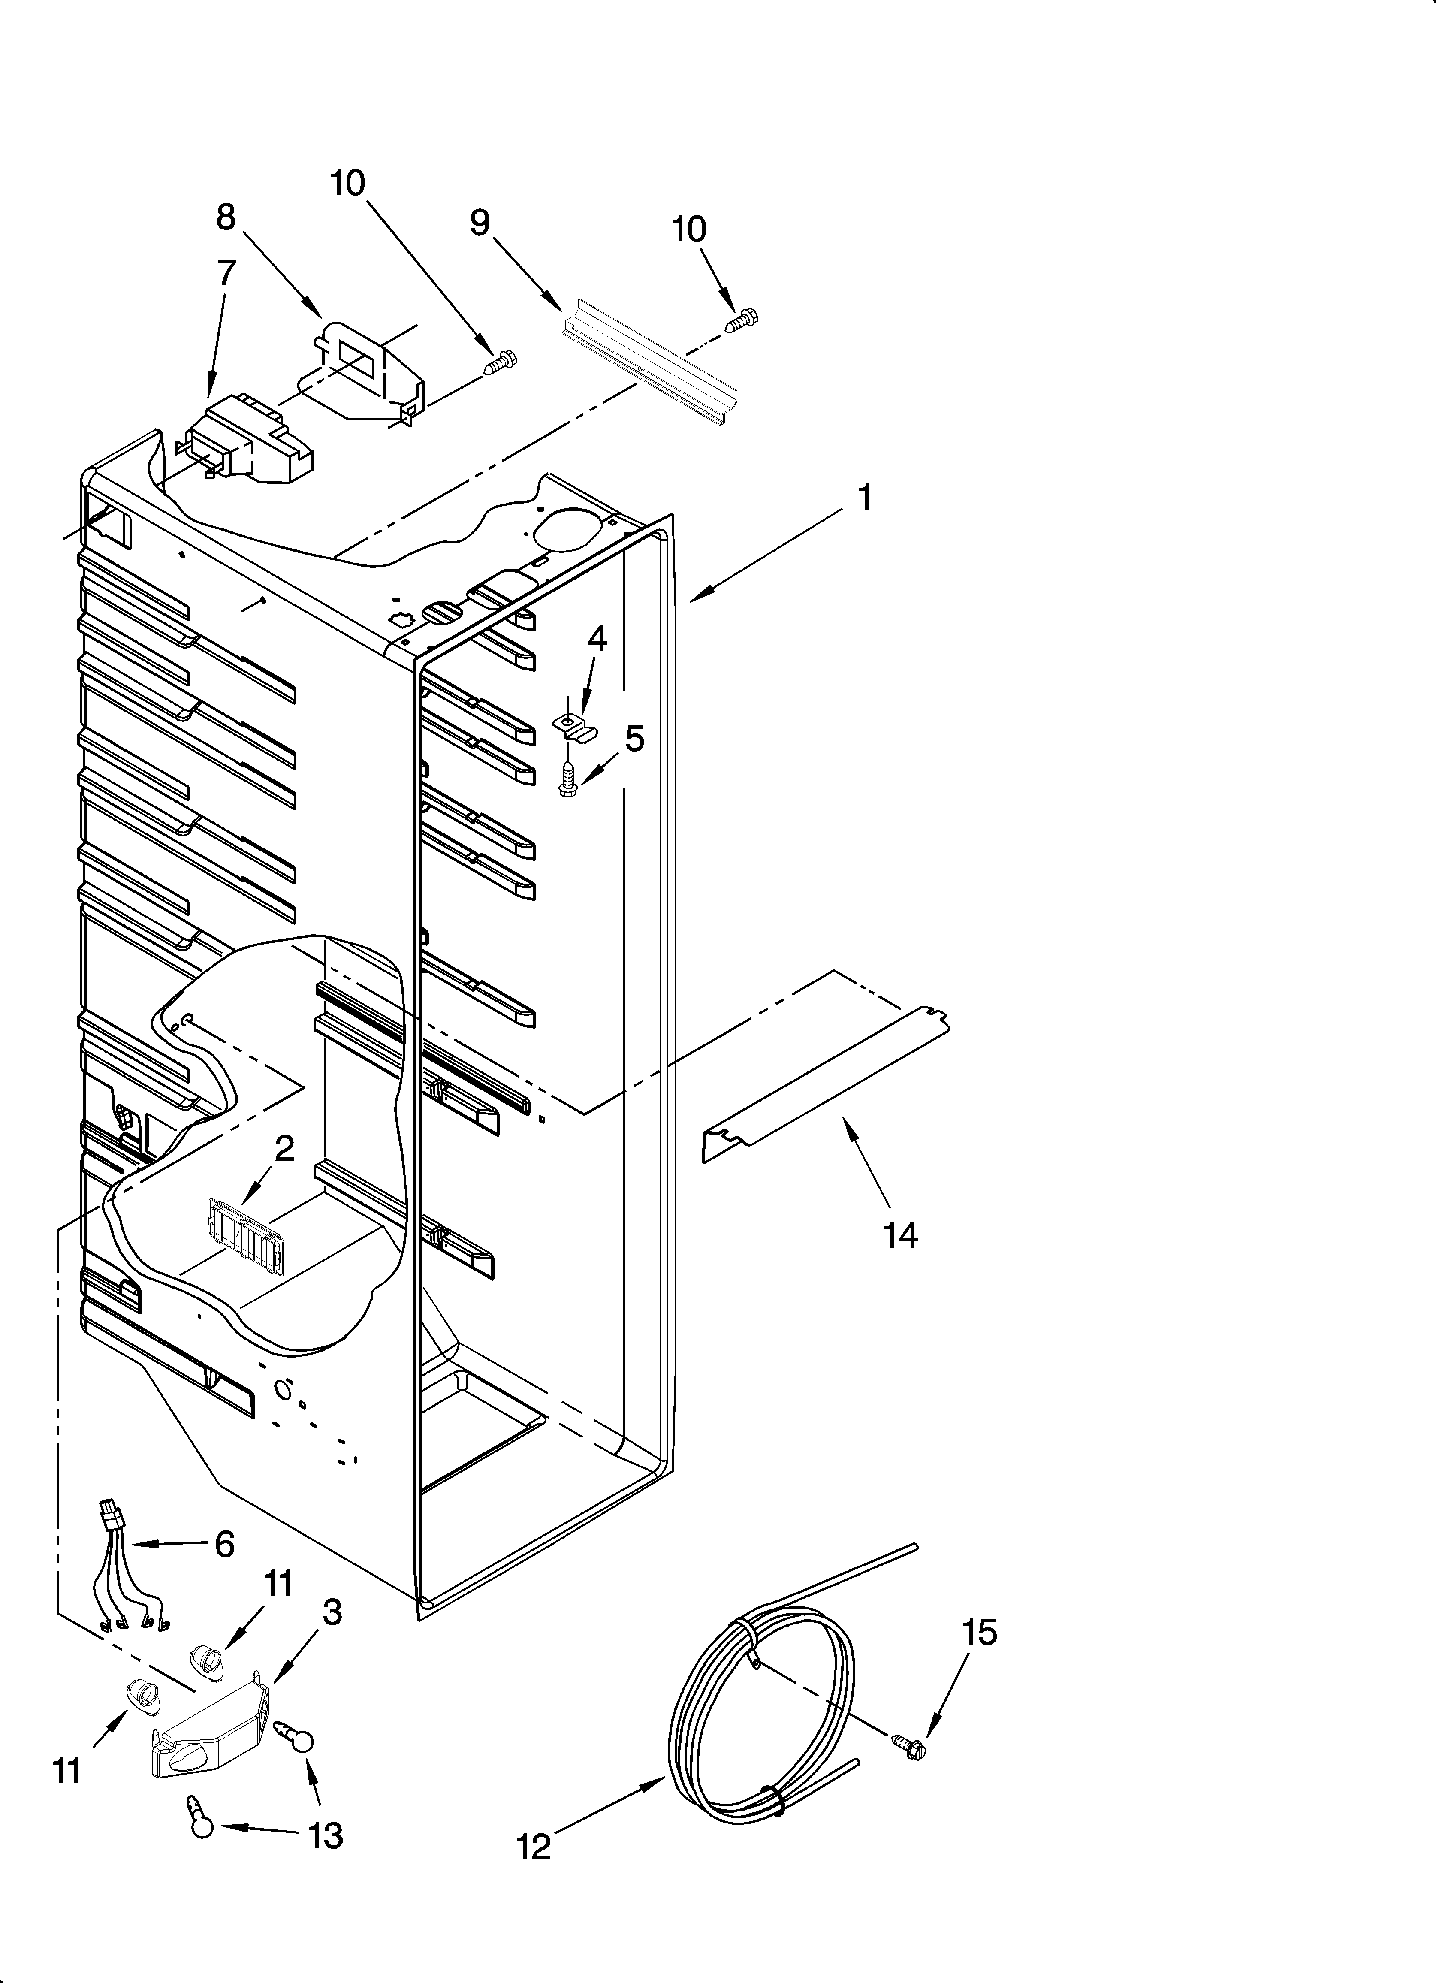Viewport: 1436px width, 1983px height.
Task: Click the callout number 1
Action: click(x=864, y=498)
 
